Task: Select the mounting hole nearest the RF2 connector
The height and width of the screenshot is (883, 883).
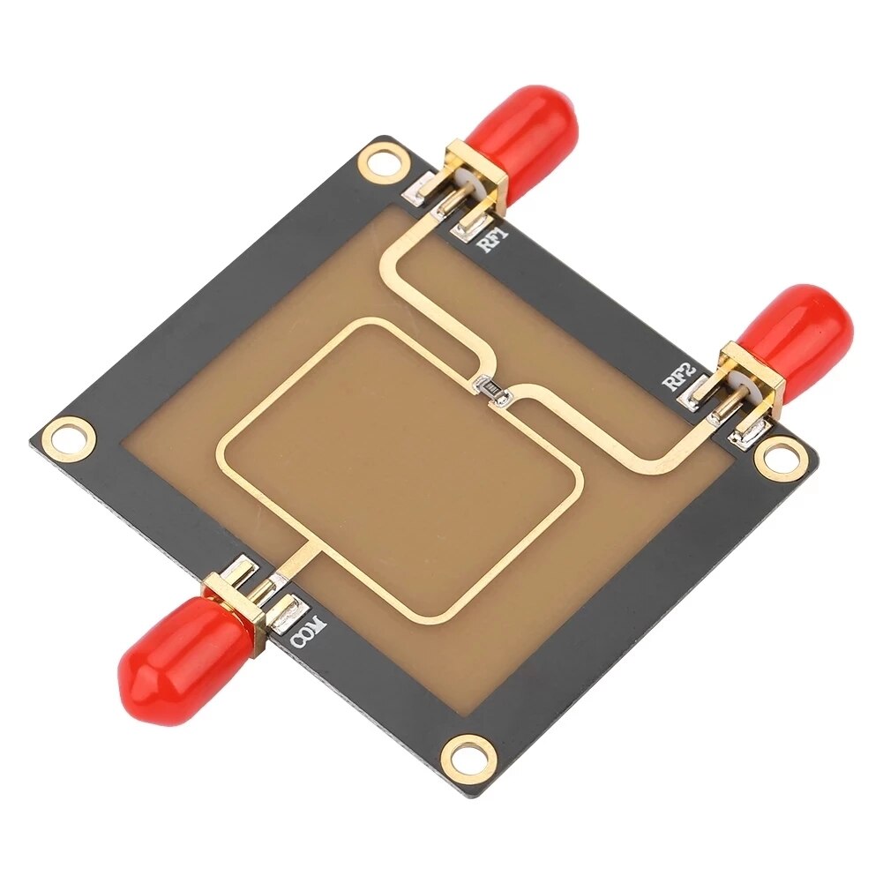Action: coord(781,457)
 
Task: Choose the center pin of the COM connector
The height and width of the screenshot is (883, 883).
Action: coord(262,587)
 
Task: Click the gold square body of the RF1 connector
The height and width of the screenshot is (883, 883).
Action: coord(476,176)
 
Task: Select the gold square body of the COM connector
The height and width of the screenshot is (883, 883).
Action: coord(234,609)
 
